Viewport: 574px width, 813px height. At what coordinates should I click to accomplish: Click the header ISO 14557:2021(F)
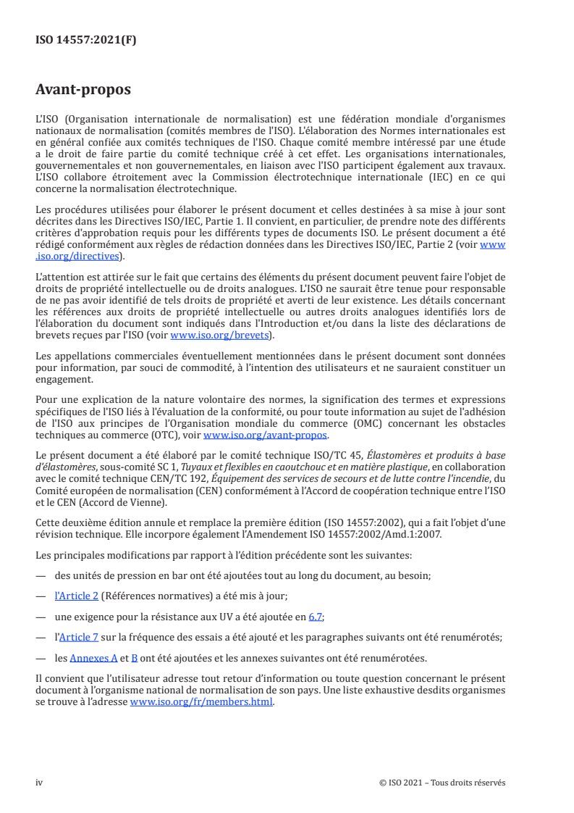click(86, 41)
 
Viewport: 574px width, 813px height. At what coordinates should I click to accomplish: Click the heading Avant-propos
click(83, 90)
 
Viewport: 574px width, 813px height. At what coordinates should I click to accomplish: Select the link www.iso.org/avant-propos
click(266, 435)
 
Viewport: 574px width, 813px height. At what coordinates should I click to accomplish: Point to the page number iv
click(40, 783)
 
